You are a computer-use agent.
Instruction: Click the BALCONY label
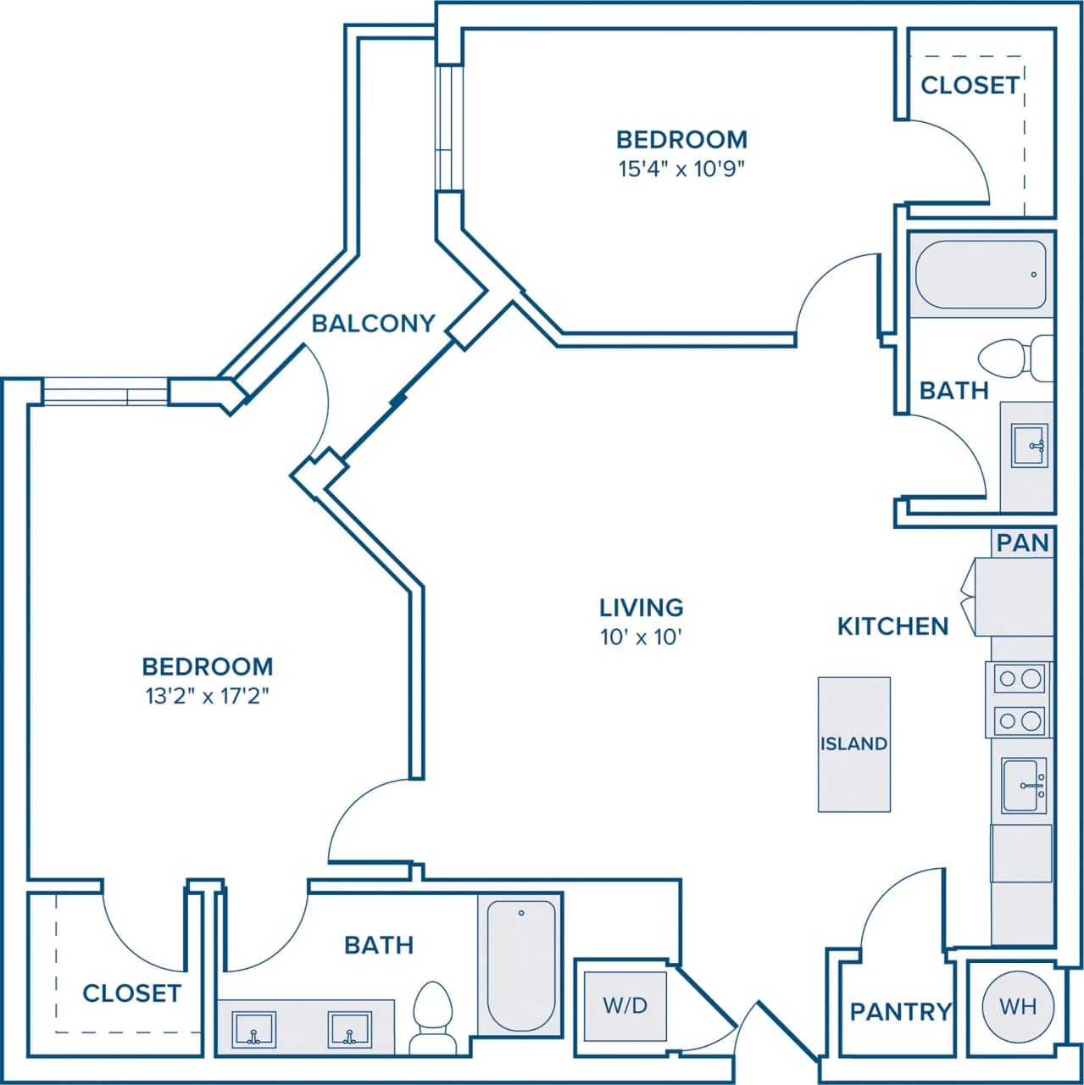[x=373, y=323]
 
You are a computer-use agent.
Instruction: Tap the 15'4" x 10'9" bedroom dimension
[x=681, y=169]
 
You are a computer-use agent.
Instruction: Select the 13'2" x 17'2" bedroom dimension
[x=208, y=697]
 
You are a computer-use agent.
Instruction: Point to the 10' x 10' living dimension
[x=642, y=637]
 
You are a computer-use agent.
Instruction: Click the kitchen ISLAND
[x=853, y=743]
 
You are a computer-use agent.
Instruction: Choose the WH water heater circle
[x=1018, y=1006]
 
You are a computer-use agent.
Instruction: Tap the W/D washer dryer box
[x=625, y=1005]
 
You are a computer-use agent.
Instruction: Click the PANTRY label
[x=901, y=1011]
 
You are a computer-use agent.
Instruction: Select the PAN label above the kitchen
[x=1022, y=542]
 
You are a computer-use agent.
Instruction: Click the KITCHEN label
[x=892, y=626]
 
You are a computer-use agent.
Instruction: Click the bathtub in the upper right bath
[x=981, y=275]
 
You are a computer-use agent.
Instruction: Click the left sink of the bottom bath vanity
[x=253, y=1029]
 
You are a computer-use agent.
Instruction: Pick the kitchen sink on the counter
[x=1024, y=786]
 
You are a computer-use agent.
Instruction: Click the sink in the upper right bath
[x=1030, y=446]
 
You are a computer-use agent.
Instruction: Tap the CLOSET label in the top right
[x=970, y=86]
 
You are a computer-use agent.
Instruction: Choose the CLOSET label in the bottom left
[x=131, y=993]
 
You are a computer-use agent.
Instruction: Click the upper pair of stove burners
[x=1020, y=678]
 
